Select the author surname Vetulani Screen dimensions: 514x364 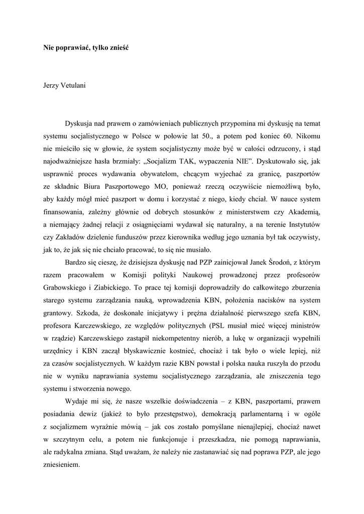tap(72, 85)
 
